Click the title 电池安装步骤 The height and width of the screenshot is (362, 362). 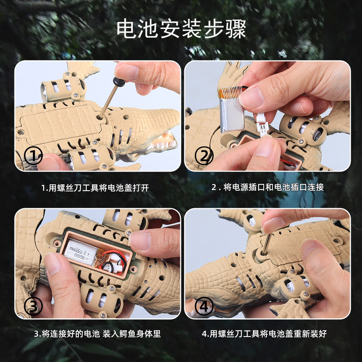pos(181,29)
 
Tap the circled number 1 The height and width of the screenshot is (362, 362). pos(33,156)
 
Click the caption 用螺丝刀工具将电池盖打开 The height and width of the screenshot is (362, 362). pos(95,188)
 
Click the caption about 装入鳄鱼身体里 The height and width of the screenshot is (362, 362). pos(97,334)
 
